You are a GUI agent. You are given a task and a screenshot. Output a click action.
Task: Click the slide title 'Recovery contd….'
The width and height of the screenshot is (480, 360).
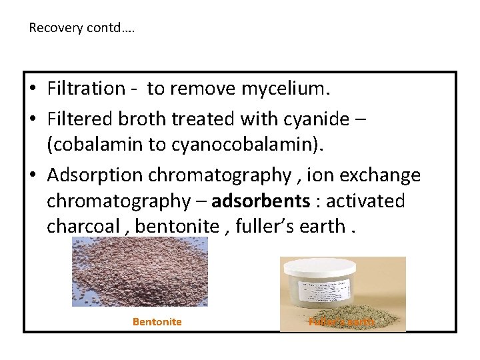pyautogui.click(x=81, y=28)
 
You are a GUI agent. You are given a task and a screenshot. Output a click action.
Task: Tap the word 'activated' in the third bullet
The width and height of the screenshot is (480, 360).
pyautogui.click(x=364, y=201)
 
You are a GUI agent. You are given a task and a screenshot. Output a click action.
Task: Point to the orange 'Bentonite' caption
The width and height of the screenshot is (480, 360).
pyautogui.click(x=157, y=321)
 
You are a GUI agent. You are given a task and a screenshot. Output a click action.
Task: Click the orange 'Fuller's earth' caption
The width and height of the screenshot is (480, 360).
pyautogui.click(x=342, y=321)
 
